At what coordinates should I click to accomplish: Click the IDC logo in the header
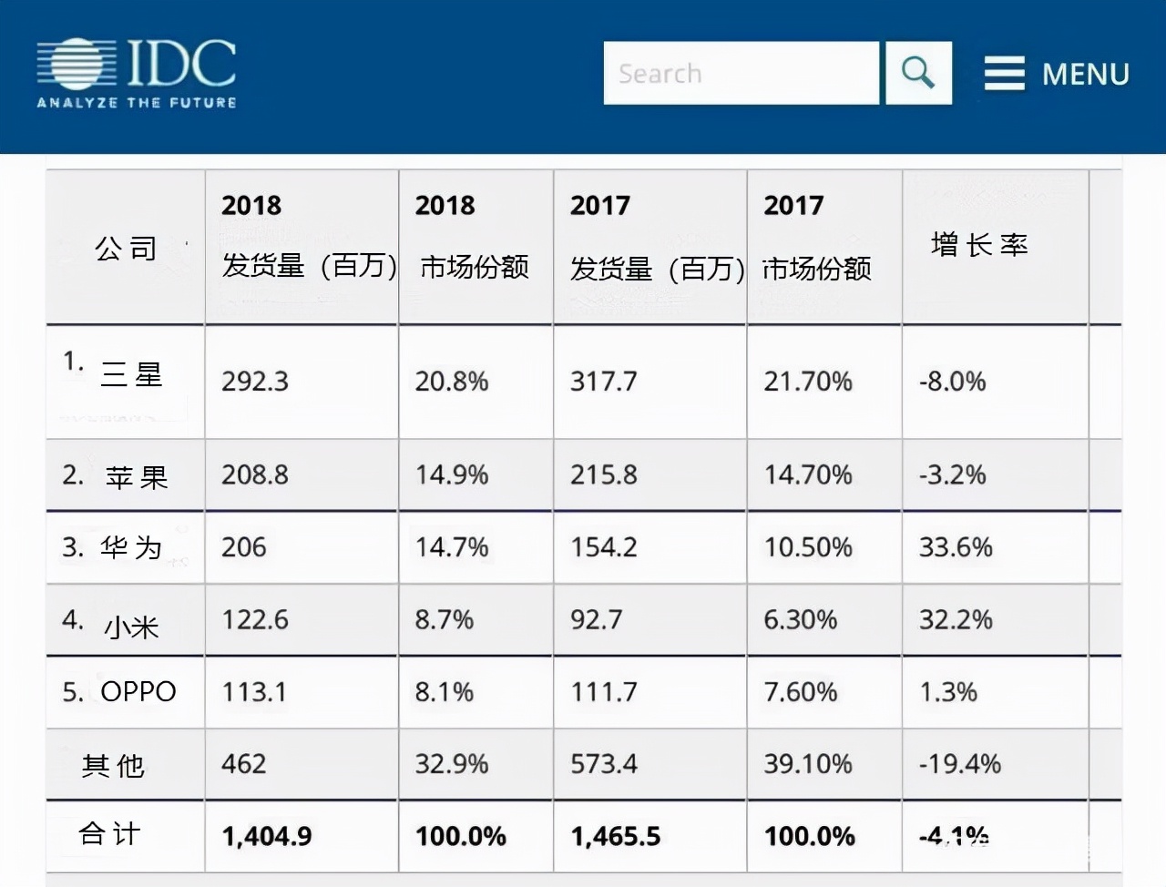coord(137,73)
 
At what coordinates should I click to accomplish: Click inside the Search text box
coord(741,73)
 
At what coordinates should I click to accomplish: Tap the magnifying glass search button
coord(918,73)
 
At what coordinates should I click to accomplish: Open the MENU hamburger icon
coord(1005,73)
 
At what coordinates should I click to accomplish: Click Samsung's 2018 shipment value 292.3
coord(255,382)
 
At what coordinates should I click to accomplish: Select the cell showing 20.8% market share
coord(452,382)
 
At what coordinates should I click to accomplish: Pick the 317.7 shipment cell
coord(604,382)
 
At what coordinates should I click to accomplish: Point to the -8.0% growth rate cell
coord(952,382)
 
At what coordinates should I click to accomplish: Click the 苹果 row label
coord(137,476)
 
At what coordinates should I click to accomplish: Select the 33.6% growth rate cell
coord(956,547)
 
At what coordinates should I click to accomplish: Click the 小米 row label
coord(132,627)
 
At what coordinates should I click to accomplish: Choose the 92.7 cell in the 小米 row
coord(597,620)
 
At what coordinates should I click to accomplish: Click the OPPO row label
coord(138,692)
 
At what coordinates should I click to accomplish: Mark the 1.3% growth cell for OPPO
coord(948,692)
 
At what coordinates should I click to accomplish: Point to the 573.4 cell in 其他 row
coord(604,764)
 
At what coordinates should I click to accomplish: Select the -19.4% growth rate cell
coord(960,764)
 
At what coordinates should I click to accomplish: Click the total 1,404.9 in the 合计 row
coord(267,836)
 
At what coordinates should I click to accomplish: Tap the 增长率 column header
coord(979,245)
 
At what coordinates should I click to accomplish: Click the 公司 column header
coord(126,248)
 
